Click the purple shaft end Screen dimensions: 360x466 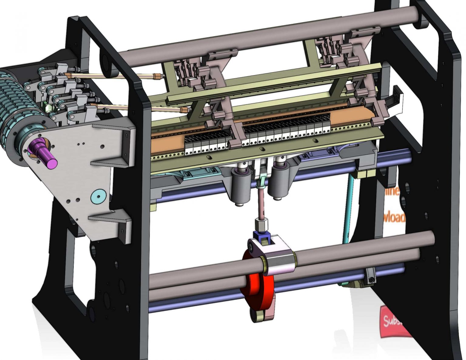tap(46, 155)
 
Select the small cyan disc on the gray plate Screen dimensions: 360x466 tap(99, 196)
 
